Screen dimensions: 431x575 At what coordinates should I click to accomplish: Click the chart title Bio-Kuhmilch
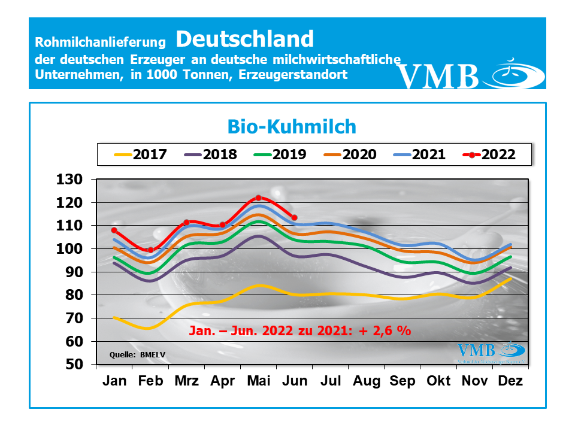[292, 126]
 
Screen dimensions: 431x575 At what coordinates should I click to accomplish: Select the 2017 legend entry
[141, 154]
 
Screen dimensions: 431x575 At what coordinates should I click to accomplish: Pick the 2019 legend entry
[280, 154]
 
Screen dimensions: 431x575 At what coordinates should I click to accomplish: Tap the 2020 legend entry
[350, 154]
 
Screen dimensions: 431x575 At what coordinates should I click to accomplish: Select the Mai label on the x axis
[258, 381]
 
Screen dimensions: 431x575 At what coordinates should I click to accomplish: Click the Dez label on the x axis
[510, 381]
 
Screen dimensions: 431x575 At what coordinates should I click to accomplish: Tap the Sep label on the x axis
[402, 381]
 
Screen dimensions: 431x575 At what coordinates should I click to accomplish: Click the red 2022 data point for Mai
[258, 198]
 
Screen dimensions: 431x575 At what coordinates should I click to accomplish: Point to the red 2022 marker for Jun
[293, 217]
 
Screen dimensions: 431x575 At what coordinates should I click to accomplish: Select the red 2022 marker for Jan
[114, 230]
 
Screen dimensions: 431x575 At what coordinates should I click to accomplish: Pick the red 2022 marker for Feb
[150, 250]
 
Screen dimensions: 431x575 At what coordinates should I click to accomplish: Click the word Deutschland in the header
[244, 39]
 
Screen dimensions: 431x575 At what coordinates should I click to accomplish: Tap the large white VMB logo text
[438, 76]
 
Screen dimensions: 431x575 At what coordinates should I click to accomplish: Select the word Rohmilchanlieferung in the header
[100, 43]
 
